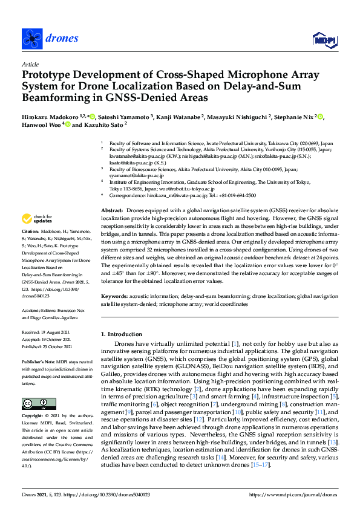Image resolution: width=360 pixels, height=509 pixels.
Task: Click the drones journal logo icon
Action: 32,39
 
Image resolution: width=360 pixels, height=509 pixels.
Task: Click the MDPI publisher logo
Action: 324,40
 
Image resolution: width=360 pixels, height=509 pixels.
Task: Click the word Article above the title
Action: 30,64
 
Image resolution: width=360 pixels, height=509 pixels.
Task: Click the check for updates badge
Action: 37,218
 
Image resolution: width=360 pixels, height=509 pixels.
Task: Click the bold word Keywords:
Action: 115,297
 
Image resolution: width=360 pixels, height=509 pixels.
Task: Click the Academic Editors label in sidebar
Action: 39,308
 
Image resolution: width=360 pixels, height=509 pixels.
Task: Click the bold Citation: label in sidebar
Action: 30,232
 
